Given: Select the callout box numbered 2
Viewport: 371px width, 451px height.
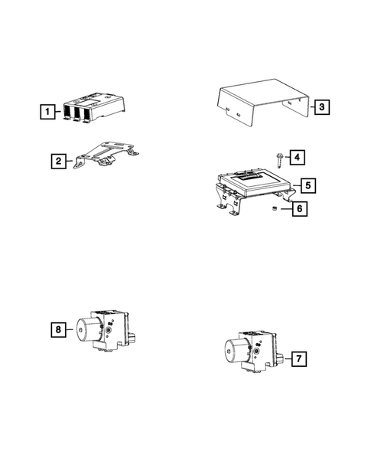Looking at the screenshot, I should tap(58, 162).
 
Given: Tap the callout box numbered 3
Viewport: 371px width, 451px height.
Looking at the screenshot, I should tap(322, 107).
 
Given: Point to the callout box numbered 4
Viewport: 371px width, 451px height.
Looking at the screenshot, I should tap(297, 158).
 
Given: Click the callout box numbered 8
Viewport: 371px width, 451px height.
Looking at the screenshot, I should tap(58, 330).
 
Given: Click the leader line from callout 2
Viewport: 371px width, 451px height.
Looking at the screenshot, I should tap(71, 162).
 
